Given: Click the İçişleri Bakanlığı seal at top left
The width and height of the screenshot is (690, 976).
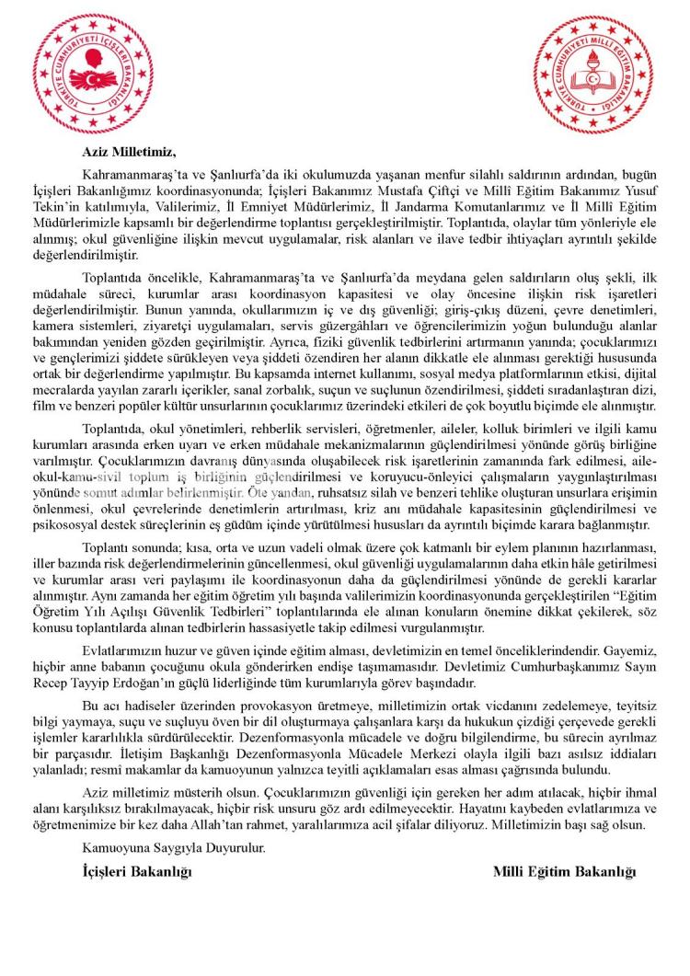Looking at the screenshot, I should coord(95,74).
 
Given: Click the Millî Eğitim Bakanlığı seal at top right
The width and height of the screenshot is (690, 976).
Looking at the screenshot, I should coord(594,74).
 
